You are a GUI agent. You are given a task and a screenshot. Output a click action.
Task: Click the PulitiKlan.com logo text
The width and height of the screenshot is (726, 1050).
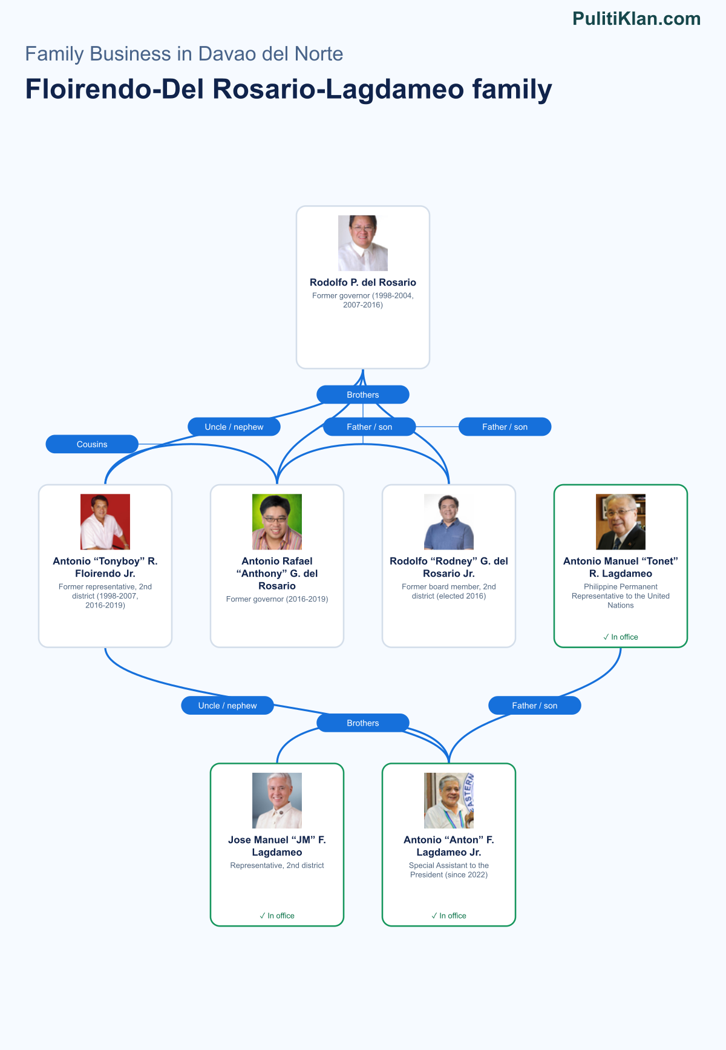coord(636,19)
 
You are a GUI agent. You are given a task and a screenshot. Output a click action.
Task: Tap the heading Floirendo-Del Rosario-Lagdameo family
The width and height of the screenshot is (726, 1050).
coord(289,89)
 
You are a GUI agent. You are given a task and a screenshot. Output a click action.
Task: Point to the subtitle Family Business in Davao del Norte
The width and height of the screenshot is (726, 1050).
coord(184,54)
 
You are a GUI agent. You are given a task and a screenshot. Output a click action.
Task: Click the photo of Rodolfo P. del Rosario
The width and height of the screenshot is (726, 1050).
coord(363,243)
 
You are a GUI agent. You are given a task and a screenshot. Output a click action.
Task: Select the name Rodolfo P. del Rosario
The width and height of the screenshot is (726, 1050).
coord(363,282)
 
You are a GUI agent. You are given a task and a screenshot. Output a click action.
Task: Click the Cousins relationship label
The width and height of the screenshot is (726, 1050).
coord(92,444)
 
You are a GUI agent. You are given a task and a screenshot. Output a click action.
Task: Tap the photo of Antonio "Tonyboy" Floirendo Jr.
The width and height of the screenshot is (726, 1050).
coord(105,522)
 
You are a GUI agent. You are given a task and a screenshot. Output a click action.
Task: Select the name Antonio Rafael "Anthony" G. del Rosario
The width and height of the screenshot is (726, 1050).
coord(277,573)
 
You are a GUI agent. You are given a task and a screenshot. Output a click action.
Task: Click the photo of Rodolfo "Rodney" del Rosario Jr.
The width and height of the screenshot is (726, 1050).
coord(449,522)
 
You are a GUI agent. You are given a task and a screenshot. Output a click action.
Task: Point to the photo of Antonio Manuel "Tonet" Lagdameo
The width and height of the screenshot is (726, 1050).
coord(621,522)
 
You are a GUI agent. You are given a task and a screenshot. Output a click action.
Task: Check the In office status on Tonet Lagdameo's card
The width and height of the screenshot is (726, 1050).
coord(621,637)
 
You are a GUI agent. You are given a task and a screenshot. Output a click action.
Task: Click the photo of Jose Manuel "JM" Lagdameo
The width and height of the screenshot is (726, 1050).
coord(277,801)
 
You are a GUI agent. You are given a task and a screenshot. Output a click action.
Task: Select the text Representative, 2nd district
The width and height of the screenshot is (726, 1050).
coord(277,865)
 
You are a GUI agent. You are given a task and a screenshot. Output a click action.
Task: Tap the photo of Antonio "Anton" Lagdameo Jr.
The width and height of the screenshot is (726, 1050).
coord(449,801)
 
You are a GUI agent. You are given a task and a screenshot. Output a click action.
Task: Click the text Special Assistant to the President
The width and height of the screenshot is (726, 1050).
coord(449,870)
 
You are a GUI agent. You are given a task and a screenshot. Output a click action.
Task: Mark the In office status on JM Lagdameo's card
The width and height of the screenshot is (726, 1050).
coord(277,916)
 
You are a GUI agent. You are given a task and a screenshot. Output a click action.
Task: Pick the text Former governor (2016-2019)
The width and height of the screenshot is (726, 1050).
coord(277,599)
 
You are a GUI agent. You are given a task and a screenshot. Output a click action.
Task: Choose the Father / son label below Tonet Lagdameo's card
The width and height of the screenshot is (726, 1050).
coord(535,706)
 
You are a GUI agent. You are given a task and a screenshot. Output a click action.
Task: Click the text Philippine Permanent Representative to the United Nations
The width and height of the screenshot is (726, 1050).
coord(621,596)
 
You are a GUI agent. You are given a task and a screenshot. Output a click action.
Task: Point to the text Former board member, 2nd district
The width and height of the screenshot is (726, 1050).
coord(449,591)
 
